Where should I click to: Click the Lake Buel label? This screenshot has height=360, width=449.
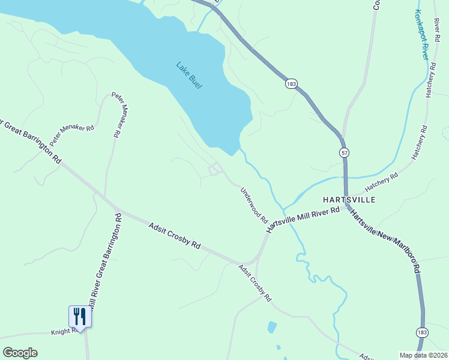189,75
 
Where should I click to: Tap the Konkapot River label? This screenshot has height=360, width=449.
424,34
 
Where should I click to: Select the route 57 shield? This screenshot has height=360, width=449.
343,152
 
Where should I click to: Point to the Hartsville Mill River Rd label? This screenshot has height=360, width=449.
303,218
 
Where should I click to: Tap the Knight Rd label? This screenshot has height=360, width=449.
62,331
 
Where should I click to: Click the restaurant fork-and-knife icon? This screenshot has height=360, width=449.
79,316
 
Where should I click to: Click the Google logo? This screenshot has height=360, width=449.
20,353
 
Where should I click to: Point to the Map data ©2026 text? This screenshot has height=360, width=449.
423,355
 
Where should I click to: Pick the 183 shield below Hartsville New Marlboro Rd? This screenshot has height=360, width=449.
423,332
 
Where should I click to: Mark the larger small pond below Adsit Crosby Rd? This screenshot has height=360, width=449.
272,327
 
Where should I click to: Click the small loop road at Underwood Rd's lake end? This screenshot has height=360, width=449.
214,169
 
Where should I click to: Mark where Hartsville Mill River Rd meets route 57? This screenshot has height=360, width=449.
346,207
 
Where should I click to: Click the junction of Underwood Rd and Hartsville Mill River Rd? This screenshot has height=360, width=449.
268,229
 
